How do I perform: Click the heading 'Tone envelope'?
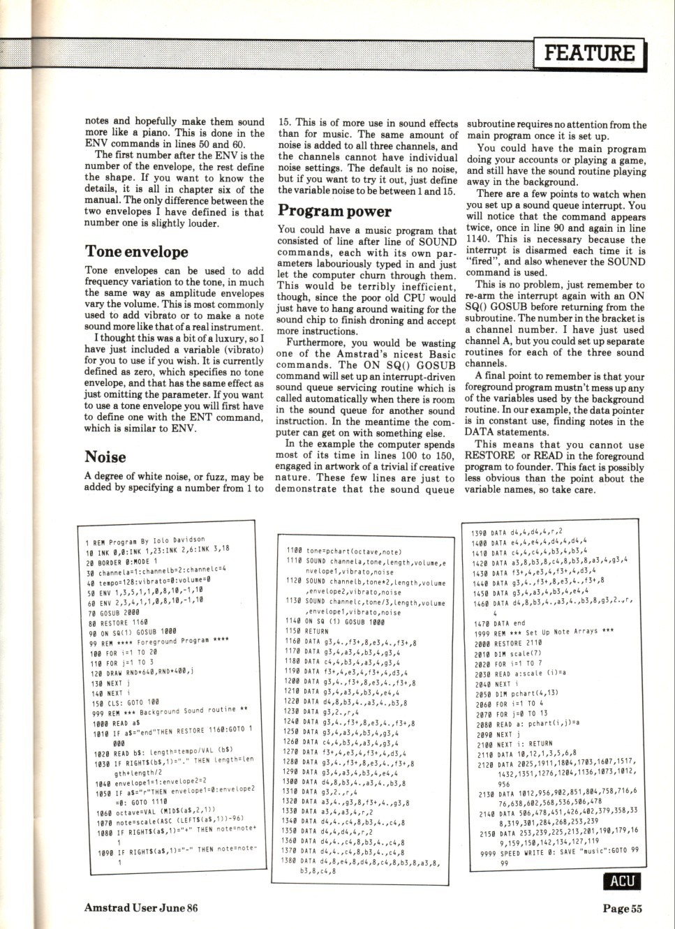click(x=136, y=251)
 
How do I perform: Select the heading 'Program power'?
click(x=334, y=211)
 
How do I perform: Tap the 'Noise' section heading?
click(x=105, y=457)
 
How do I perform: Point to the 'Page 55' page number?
click(x=623, y=907)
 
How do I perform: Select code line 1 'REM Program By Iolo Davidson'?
click(x=144, y=541)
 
